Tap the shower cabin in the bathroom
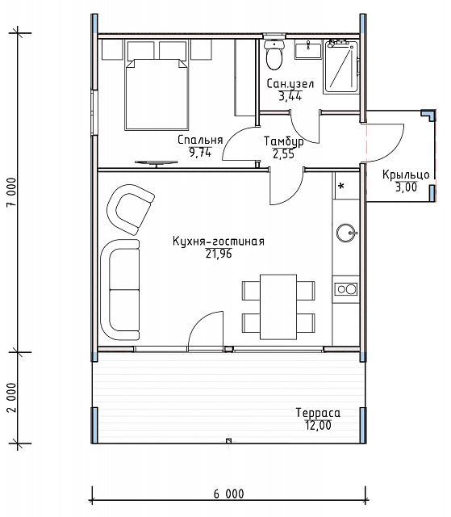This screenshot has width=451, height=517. pyautogui.click(x=341, y=67)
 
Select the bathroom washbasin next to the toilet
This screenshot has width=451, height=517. pyautogui.click(x=308, y=50)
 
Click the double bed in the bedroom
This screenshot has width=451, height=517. pyautogui.click(x=157, y=95)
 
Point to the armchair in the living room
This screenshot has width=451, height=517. pyautogui.click(x=131, y=209)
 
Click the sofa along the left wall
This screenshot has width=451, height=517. pyautogui.click(x=120, y=290)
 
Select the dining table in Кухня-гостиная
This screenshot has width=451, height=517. pyautogui.click(x=278, y=307)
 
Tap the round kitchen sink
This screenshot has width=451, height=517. pyautogui.click(x=346, y=233)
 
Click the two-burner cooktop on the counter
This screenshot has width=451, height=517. pyautogui.click(x=345, y=289)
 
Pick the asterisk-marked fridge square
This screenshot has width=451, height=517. pyautogui.click(x=347, y=186)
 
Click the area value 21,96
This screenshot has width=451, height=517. pyautogui.click(x=219, y=254)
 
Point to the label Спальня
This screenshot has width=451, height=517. pyautogui.click(x=200, y=140)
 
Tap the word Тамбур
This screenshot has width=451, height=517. pyautogui.click(x=284, y=141)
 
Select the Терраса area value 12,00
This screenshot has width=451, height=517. pyautogui.click(x=318, y=426)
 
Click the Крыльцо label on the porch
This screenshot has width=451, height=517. pyautogui.click(x=406, y=174)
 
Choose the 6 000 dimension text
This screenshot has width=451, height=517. pyautogui.click(x=229, y=494)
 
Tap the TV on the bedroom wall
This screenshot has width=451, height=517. pyautogui.click(x=157, y=163)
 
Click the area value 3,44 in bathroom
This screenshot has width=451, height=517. pyautogui.click(x=290, y=96)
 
